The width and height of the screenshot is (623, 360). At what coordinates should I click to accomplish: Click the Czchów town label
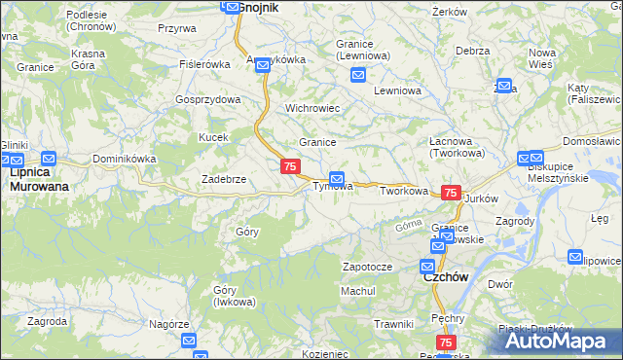tap(445, 276)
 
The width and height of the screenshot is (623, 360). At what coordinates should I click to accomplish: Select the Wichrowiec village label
tap(311, 108)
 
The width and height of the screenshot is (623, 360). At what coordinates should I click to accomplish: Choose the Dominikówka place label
tap(124, 158)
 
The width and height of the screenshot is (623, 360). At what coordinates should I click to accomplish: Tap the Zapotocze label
tap(367, 266)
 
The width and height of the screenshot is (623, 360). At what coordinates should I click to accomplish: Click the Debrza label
tap(471, 50)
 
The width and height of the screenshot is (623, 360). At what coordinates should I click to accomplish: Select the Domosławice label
tap(592, 141)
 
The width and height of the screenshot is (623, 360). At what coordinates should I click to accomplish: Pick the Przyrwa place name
tap(176, 28)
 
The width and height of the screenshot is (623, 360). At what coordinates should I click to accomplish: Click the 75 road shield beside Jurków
tap(450, 194)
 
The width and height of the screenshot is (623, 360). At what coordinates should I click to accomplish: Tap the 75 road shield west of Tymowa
tap(289, 167)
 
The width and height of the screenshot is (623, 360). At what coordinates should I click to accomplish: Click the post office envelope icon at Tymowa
tap(337, 178)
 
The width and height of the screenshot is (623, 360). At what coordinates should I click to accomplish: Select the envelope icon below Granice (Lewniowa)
tap(358, 75)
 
